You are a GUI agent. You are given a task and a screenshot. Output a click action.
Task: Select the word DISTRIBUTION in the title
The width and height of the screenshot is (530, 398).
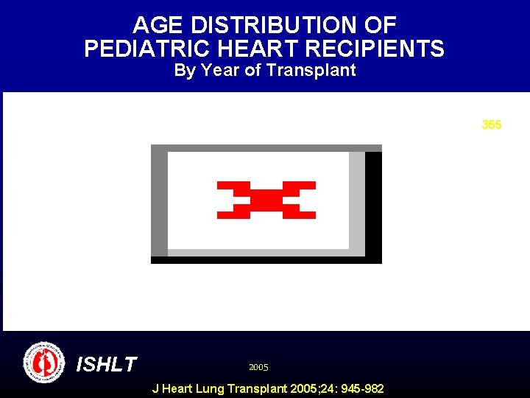coord(275,26)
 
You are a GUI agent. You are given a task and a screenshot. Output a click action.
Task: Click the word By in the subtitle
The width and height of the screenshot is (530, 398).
coord(184,71)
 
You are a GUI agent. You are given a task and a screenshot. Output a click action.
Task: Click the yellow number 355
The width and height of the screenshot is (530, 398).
coord(492,125)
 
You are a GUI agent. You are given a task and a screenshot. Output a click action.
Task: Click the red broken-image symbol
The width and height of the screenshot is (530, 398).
coord(266,200)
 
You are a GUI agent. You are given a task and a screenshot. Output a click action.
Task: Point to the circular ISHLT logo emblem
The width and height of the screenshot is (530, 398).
coord(44,363)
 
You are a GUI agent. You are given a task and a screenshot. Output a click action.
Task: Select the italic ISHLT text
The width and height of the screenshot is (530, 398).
coord(107,364)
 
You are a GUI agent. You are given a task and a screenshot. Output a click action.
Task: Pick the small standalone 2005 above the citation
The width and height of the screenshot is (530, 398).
coord(258,367)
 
